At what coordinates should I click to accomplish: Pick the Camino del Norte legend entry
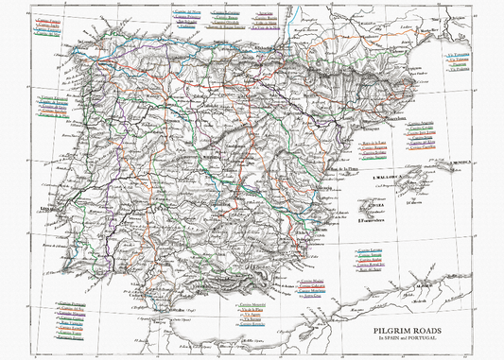pos(188,11)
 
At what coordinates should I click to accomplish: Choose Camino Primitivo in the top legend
pos(188,17)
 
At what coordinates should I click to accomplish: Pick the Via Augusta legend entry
pos(252,314)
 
